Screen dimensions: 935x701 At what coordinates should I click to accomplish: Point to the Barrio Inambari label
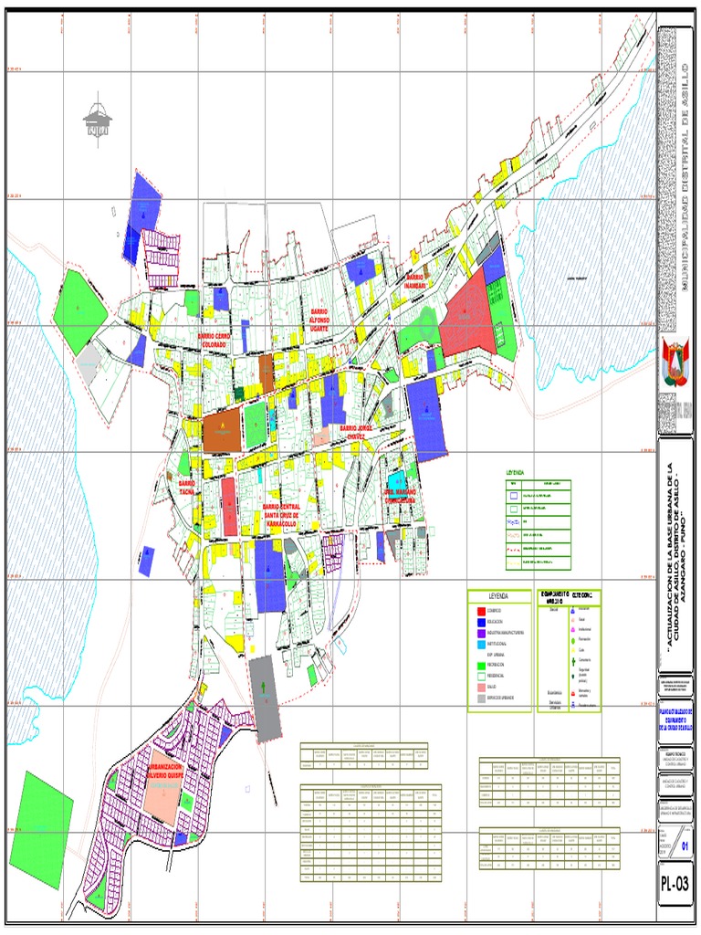(415, 280)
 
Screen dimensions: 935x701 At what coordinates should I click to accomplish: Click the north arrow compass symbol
(97, 120)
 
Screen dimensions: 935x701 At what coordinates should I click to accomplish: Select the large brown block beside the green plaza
(222, 430)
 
